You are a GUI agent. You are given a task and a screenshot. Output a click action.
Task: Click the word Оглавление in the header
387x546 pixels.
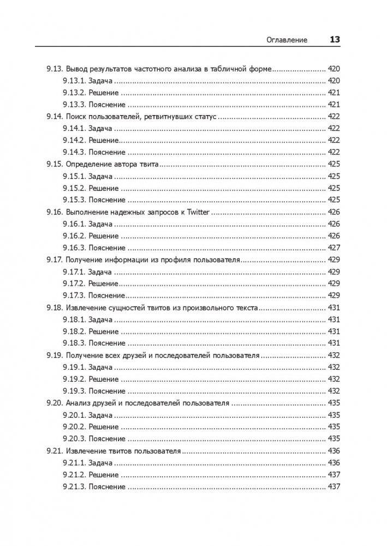[x=287, y=40]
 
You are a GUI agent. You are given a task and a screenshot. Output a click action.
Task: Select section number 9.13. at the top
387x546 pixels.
[x=54, y=69]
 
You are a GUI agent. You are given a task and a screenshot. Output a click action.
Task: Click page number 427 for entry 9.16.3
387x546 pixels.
[x=334, y=248]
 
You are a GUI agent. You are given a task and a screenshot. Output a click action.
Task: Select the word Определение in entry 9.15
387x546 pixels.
[x=88, y=164]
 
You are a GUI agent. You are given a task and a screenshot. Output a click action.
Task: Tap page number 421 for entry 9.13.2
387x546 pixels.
[x=334, y=93]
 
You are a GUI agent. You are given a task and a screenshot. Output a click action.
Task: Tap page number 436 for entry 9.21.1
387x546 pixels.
[x=334, y=463]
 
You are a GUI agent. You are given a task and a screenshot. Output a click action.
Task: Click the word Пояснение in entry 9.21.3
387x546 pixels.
[x=106, y=487]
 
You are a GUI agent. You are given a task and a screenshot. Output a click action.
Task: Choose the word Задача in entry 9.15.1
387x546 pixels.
[x=100, y=176]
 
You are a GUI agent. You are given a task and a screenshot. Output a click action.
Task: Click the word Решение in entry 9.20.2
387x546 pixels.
[x=103, y=427]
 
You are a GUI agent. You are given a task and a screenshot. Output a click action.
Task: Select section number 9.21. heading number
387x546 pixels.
[x=54, y=451]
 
